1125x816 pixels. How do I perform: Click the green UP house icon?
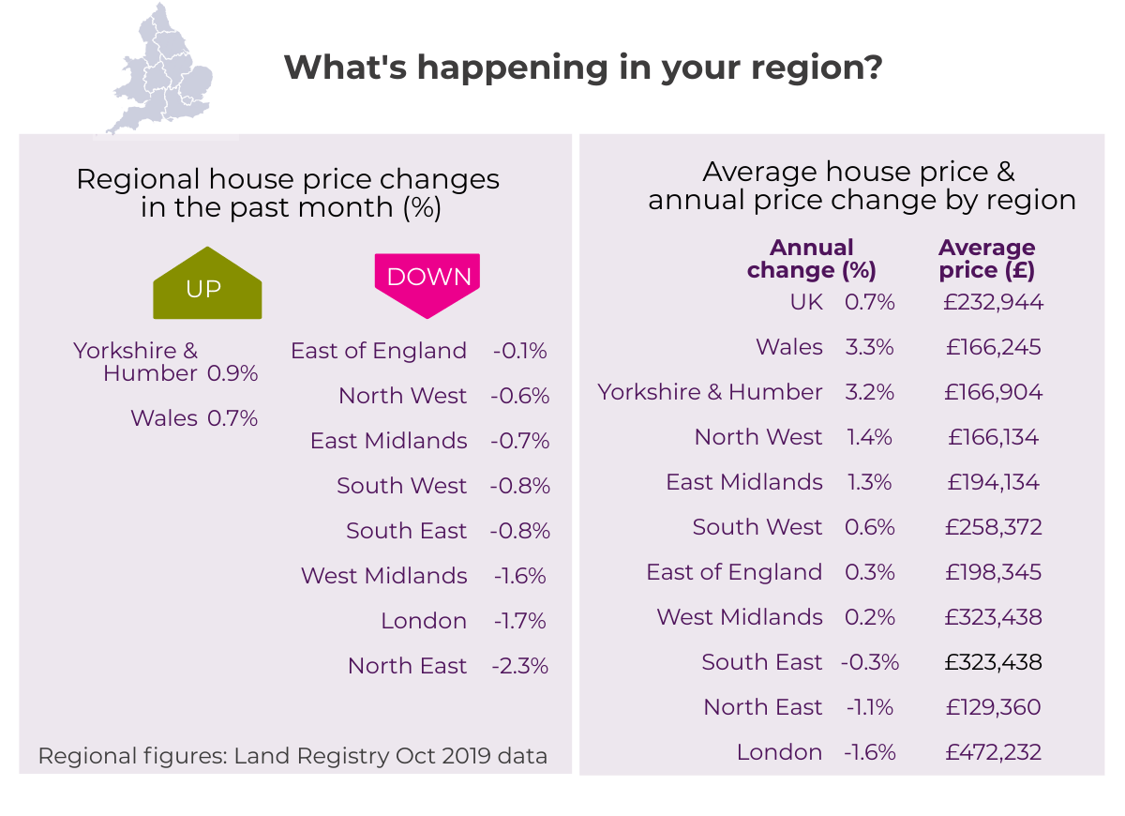click(207, 284)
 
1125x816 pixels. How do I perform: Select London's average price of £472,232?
click(993, 752)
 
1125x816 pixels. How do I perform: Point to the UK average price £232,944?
click(994, 302)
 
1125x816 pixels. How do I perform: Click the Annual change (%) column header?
click(811, 260)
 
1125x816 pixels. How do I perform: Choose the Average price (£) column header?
click(986, 260)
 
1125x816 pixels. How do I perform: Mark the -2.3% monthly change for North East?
click(519, 666)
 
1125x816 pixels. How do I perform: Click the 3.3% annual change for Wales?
click(869, 347)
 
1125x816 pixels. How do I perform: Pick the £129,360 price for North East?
click(993, 707)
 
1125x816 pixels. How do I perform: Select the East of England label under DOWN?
click(379, 351)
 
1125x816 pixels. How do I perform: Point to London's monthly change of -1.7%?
click(519, 621)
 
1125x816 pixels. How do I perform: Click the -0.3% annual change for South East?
click(869, 662)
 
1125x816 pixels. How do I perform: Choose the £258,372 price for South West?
click(993, 527)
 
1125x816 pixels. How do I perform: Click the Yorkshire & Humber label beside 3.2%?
click(710, 392)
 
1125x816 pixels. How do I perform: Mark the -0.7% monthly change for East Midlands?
click(519, 441)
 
